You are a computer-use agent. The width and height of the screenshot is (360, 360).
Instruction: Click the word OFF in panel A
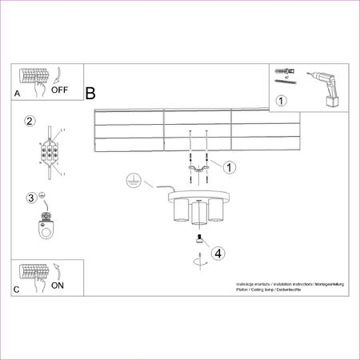click(60, 90)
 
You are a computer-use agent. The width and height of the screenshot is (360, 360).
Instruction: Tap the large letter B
click(90, 94)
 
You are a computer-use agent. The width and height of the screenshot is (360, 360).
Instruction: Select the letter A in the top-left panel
click(17, 94)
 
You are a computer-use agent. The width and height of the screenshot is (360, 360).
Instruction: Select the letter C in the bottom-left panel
click(16, 289)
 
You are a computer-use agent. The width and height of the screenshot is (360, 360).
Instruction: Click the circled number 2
click(30, 122)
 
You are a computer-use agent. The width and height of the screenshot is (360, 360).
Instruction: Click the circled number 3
click(31, 198)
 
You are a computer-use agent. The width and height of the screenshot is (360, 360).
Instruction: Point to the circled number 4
click(218, 254)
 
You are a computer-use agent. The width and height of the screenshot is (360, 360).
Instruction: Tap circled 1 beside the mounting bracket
click(230, 167)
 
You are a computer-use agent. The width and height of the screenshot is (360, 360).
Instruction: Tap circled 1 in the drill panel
click(281, 101)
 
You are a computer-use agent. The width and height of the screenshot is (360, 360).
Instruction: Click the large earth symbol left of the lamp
click(135, 182)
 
